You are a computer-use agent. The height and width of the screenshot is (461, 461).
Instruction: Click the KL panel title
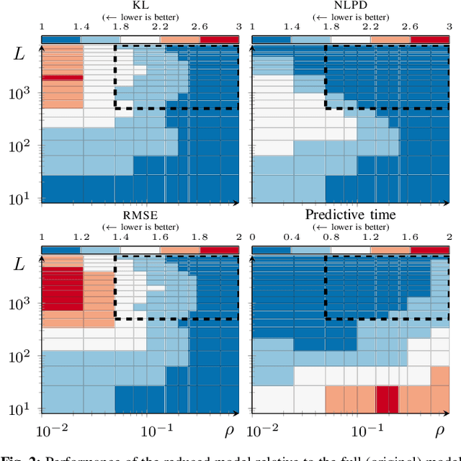click(x=140, y=6)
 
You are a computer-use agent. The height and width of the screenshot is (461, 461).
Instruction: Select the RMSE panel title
click(x=140, y=215)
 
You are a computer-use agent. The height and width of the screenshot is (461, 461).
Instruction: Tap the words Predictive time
click(x=350, y=215)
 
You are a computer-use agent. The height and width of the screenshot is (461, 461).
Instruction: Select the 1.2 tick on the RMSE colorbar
click(x=81, y=237)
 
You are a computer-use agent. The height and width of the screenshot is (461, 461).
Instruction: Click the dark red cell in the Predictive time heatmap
click(x=388, y=398)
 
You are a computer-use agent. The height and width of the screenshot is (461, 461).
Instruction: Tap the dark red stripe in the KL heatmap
click(x=62, y=77)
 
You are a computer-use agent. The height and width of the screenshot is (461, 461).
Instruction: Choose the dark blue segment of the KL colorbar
click(x=61, y=38)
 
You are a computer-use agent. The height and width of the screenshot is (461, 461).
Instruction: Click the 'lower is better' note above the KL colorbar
click(x=140, y=16)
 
